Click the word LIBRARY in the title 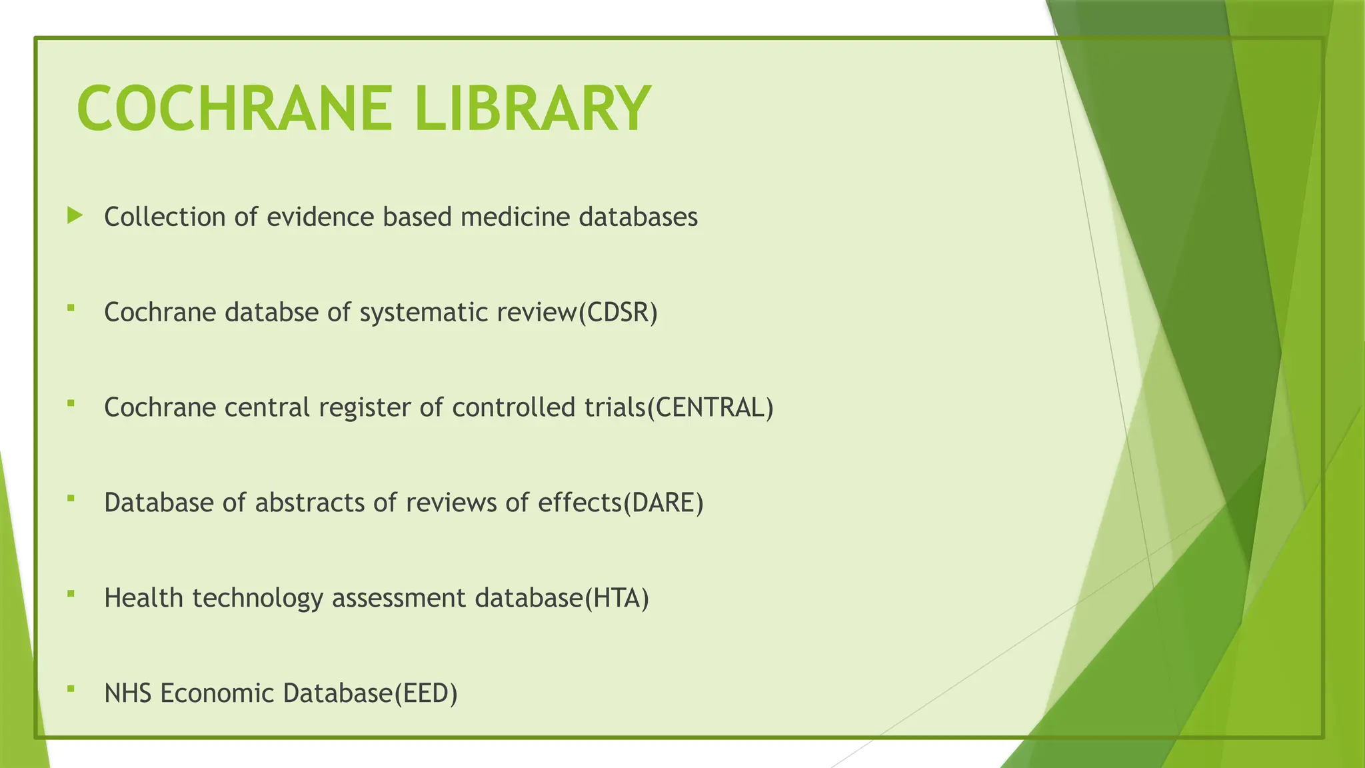tap(531, 108)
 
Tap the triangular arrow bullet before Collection tap(75, 215)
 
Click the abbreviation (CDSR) tap(618, 313)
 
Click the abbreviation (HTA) tap(617, 598)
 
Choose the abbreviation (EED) tap(426, 693)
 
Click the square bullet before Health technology tap(71, 593)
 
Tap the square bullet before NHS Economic tap(71, 688)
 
